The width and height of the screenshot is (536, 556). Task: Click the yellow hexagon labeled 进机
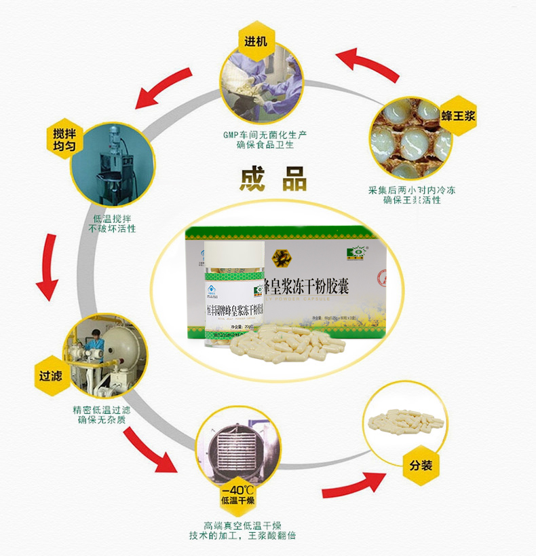256,41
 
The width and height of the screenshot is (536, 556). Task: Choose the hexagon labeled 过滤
52,374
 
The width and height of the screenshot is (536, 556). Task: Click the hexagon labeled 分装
421,466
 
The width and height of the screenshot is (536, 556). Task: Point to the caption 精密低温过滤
101,410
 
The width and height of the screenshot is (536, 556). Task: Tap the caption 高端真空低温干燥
242,524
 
